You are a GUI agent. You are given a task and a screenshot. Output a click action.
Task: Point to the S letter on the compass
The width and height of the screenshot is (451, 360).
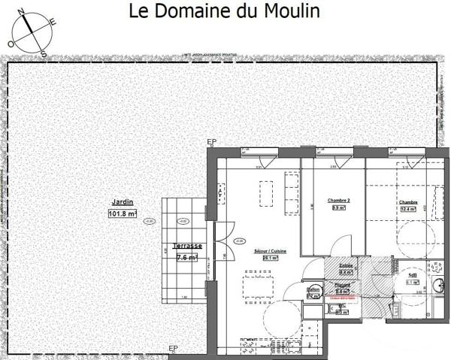coord(44,54)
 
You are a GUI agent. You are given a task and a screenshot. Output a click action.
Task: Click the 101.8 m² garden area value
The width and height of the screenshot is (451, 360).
coord(122,214)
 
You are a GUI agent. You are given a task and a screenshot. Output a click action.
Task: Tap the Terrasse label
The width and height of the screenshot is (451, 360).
coord(186,247)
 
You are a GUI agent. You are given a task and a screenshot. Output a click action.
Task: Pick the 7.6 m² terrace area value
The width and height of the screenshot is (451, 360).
coord(186,257)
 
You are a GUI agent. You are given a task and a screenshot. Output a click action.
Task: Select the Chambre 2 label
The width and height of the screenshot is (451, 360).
coord(340,200)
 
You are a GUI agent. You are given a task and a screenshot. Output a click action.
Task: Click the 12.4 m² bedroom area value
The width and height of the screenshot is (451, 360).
coord(408,210)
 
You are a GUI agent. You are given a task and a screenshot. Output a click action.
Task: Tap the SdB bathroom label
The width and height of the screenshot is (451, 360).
coord(412,275)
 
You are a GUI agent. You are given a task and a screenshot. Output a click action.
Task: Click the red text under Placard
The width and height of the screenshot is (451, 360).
coord(342,297)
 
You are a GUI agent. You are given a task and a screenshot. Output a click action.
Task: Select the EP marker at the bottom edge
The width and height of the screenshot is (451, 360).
coord(173,348)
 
